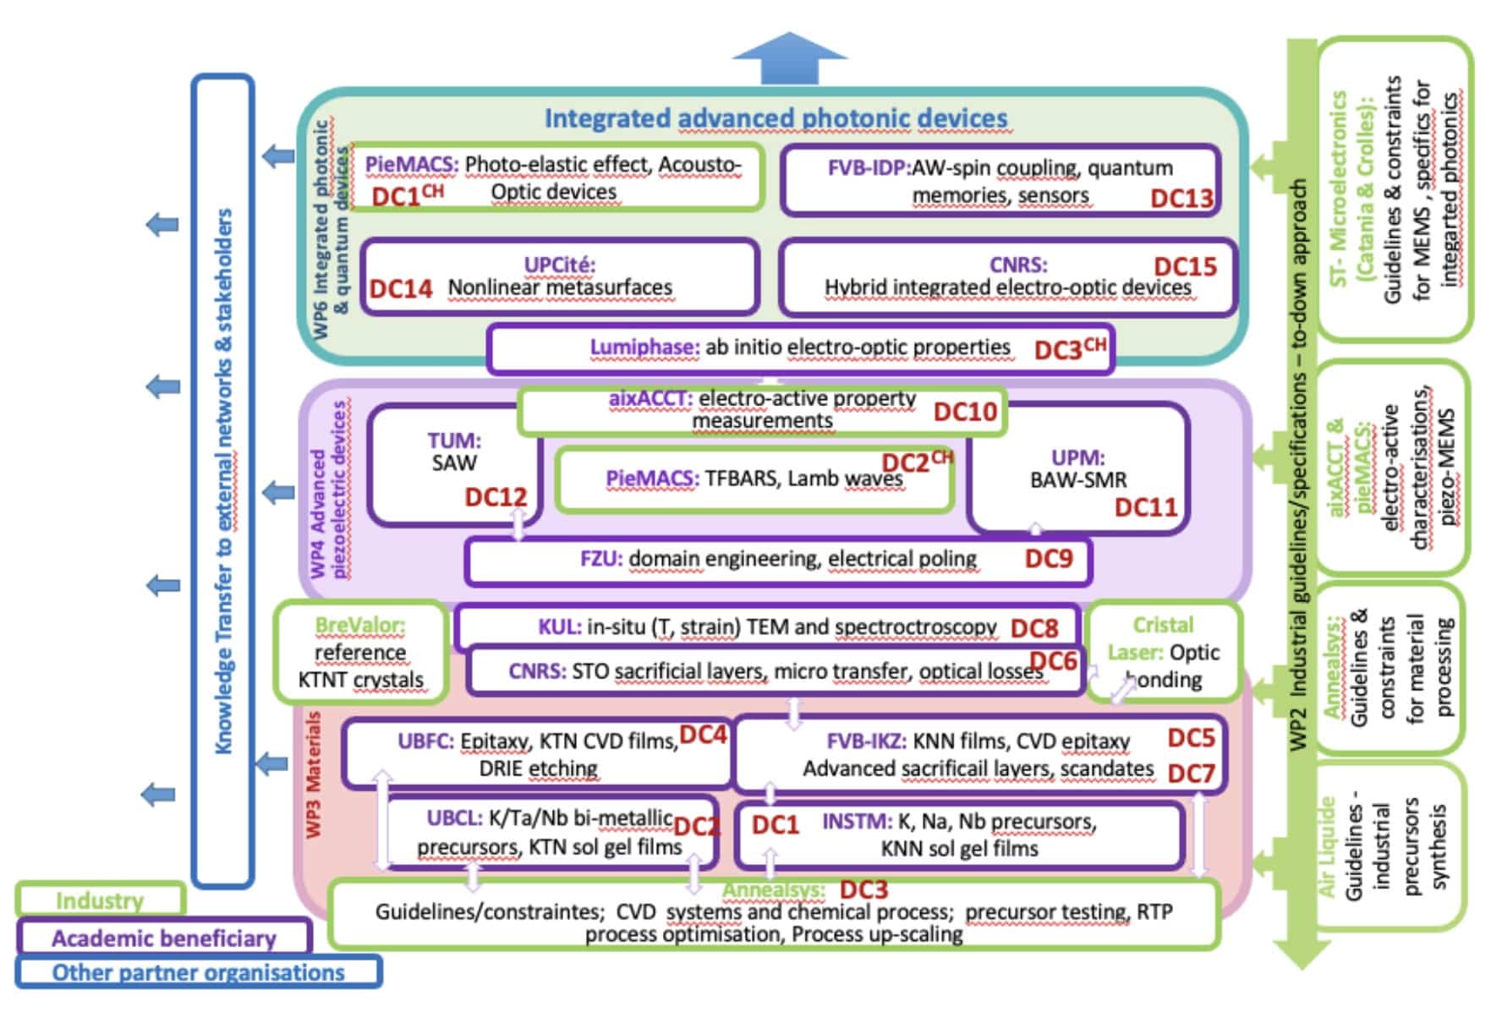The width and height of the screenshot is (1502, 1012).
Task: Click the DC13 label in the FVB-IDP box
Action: [x=1181, y=198]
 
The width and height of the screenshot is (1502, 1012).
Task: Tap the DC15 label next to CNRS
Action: [x=1185, y=266]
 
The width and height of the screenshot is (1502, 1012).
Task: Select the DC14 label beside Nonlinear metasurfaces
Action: [x=401, y=288]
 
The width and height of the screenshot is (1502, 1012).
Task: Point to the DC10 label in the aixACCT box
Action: [x=965, y=412]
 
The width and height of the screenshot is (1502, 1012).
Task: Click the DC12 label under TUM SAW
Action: [x=496, y=497]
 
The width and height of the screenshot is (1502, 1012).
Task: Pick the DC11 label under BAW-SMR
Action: [x=1146, y=506]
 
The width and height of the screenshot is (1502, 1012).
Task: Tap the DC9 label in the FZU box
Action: [x=1049, y=558]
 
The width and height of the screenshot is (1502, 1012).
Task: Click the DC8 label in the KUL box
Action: [x=1034, y=628]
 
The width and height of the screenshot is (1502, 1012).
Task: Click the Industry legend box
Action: [x=100, y=900]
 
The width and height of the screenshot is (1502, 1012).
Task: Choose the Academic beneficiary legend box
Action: [x=163, y=938]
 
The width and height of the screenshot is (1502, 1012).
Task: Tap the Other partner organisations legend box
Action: [x=198, y=972]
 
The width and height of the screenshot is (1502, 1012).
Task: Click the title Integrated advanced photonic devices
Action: [x=776, y=118]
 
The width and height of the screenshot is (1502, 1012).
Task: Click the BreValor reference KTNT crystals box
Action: [x=360, y=652]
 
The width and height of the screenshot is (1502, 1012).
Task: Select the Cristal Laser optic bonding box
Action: [x=1163, y=652]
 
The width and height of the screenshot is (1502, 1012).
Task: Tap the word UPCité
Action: [x=559, y=265]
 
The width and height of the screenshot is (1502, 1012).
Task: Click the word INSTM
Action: [x=857, y=821]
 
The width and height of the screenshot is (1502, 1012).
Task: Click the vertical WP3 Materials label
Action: [x=314, y=774]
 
